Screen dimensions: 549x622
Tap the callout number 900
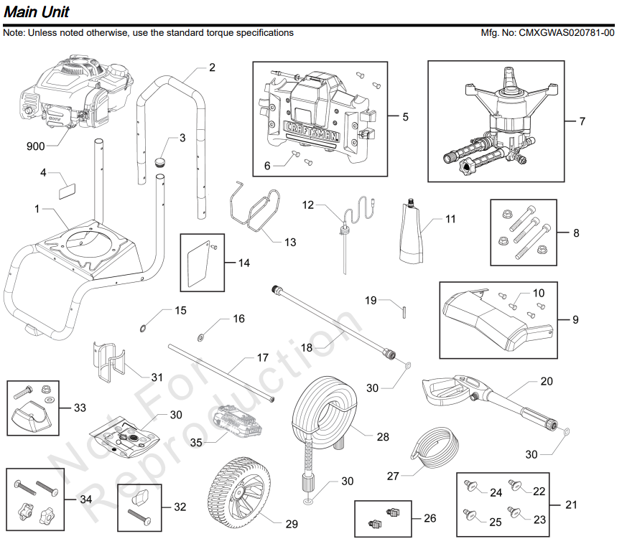point(35,146)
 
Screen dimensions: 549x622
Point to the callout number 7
point(582,121)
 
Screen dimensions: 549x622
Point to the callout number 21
point(571,505)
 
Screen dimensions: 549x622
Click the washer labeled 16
point(200,337)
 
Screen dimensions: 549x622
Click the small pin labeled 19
point(404,310)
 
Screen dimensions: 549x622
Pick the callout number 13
point(289,243)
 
